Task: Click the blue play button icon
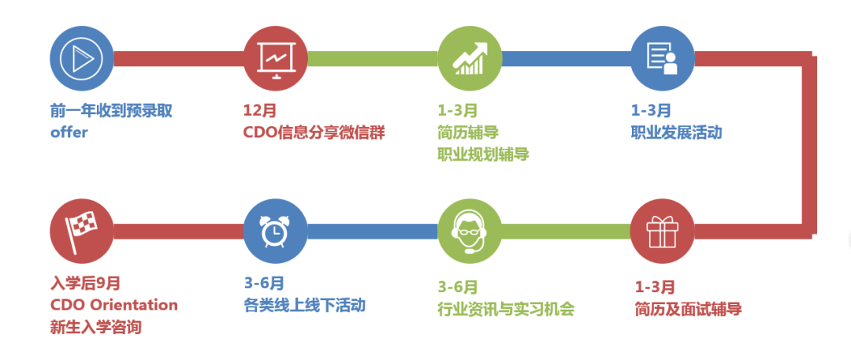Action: (x=82, y=59)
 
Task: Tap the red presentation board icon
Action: (x=276, y=59)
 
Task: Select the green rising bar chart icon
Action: (x=470, y=59)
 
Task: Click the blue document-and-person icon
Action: (x=663, y=59)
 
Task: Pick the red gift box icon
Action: (x=663, y=231)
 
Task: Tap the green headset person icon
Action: (x=470, y=231)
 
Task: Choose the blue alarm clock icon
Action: (x=276, y=231)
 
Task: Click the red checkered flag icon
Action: (x=82, y=231)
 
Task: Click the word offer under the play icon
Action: (x=69, y=132)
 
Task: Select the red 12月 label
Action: (x=260, y=111)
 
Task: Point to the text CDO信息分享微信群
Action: (x=314, y=132)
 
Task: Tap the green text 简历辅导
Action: (x=468, y=132)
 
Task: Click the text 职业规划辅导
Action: (x=483, y=154)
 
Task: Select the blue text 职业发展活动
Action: (x=676, y=132)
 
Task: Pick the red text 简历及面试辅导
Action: (x=688, y=308)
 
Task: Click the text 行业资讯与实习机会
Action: (x=506, y=308)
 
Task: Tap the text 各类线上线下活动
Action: (x=304, y=305)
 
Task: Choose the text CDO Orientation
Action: (x=114, y=305)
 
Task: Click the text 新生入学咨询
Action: (x=96, y=326)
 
